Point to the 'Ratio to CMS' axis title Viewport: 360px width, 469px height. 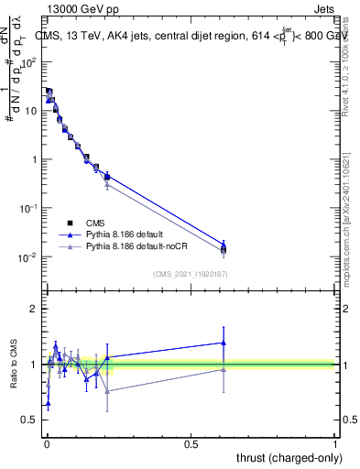click(x=15, y=365)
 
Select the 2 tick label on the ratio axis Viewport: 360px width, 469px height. click(x=34, y=309)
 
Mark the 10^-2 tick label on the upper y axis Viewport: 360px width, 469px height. click(x=27, y=257)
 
